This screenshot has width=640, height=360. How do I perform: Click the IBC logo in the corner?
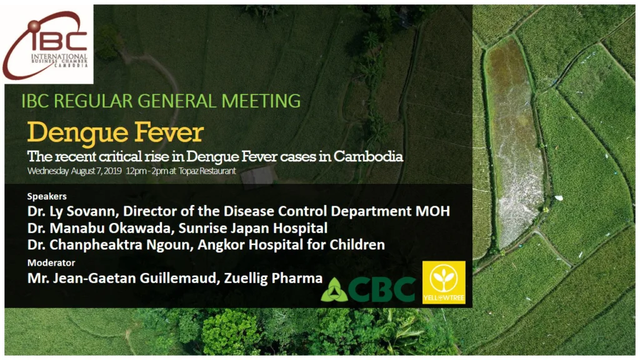coord(49,44)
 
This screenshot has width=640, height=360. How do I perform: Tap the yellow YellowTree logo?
coord(444,282)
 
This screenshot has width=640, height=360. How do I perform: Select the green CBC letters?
coord(382,289)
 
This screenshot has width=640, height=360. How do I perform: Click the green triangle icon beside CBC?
coord(334,290)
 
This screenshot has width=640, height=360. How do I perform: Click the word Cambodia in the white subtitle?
coord(368,156)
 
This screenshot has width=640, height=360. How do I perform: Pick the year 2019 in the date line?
coord(112,171)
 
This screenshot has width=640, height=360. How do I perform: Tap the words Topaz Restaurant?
coord(207,171)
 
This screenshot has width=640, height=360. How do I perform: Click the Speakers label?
coord(47,196)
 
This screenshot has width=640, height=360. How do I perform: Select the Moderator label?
coord(51,263)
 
